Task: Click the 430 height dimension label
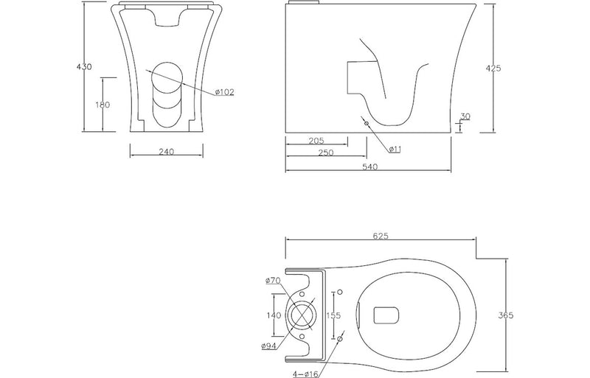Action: [x=84, y=67]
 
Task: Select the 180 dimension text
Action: [x=103, y=105]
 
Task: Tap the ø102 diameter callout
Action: [x=225, y=92]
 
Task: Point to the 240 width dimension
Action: [x=166, y=152]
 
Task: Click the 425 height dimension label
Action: [x=494, y=68]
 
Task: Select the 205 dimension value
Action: [x=315, y=141]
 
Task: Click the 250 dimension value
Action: [x=325, y=153]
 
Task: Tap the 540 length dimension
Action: [x=369, y=168]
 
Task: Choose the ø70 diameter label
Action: [x=272, y=280]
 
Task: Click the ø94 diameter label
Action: [x=268, y=346]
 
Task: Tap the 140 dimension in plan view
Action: [x=273, y=315]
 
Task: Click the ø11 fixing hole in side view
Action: [x=367, y=122]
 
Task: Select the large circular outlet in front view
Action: [x=166, y=76]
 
